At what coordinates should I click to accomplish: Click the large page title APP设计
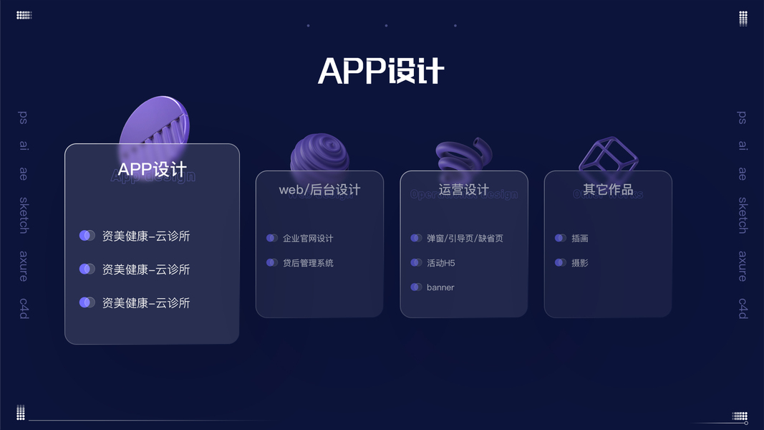coord(381,71)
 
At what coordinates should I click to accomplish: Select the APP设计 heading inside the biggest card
coord(152,170)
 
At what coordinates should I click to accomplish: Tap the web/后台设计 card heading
coord(319,190)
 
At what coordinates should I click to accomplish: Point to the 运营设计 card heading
coord(463,190)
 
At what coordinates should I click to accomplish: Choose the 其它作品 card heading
coord(608,190)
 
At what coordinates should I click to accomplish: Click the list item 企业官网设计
coord(308,239)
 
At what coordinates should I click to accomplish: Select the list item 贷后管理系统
coord(308,263)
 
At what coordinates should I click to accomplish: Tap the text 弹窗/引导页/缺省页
coord(465,239)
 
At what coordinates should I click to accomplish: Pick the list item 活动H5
coord(441,263)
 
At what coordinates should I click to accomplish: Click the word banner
coord(440,287)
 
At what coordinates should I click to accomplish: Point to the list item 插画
coord(580,239)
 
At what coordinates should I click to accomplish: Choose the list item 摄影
coord(580,263)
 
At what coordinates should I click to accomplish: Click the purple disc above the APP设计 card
coord(154,124)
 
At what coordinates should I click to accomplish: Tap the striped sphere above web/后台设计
coord(319,153)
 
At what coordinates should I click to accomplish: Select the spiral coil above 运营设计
coord(464,153)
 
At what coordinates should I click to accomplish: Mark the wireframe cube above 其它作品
coord(608,153)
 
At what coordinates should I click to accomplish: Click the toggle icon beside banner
coord(416,287)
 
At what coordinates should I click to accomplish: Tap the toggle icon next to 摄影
coord(560,263)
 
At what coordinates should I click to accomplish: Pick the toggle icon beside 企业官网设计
coord(272,238)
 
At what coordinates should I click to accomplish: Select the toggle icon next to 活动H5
coord(416,263)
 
